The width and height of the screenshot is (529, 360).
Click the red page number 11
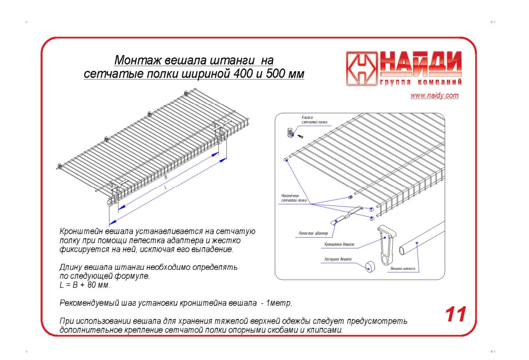coord(455,314)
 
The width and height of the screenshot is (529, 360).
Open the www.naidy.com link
coord(434,95)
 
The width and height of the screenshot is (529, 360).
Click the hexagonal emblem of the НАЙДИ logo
coord(361,69)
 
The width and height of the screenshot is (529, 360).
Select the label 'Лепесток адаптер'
coord(313,233)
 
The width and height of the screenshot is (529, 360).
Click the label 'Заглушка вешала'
coord(337,259)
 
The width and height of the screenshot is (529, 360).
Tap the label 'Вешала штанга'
coord(403,269)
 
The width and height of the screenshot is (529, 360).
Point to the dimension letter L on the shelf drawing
coord(166,188)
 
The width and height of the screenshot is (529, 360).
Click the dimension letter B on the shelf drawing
coord(166,177)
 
